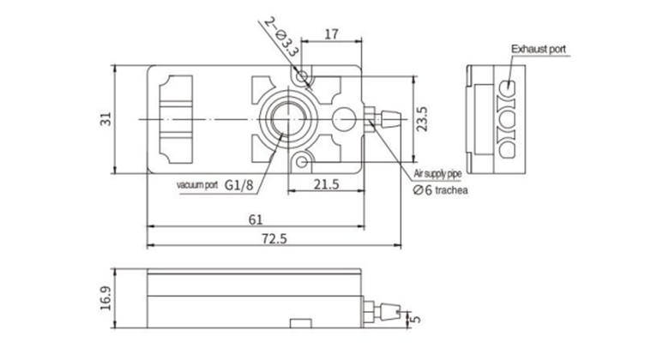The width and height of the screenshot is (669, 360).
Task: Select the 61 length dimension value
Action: pos(255,219)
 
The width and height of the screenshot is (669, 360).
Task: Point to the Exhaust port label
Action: pos(538,51)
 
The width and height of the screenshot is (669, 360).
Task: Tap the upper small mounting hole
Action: pos(301,78)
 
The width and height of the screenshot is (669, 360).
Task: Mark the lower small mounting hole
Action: pos(301,160)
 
